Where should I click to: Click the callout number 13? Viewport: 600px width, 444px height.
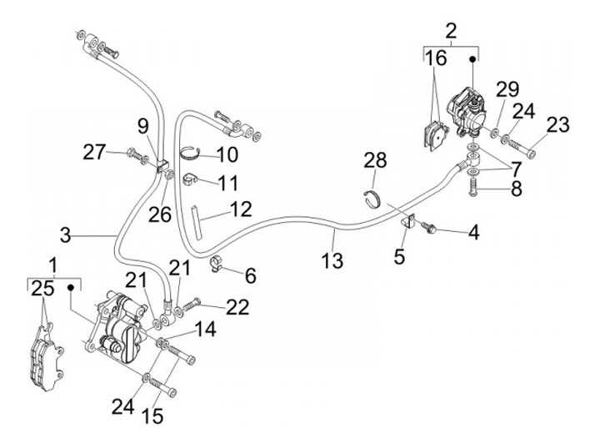click(332, 262)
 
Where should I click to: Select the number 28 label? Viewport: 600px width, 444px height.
click(376, 159)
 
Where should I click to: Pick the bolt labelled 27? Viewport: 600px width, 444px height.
click(137, 154)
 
